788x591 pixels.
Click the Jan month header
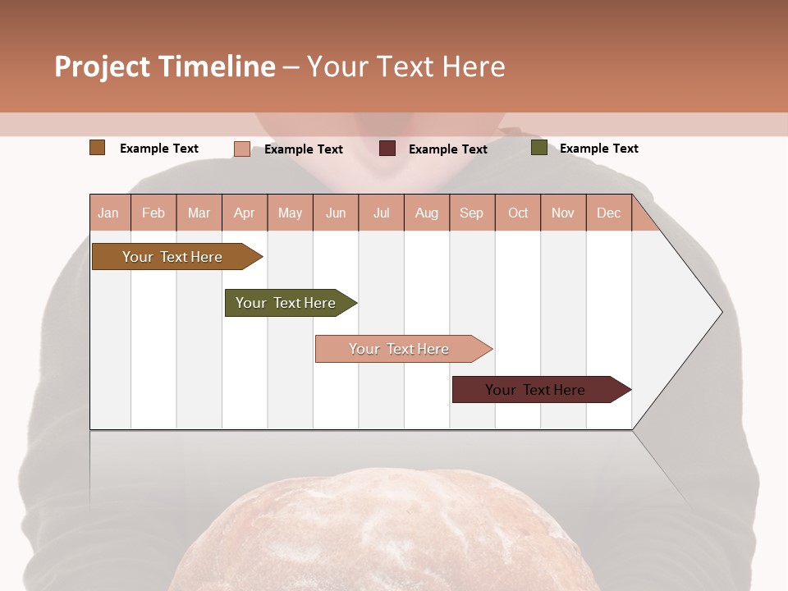[x=108, y=213]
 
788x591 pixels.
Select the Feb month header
[x=153, y=213]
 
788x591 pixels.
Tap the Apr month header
[x=244, y=213]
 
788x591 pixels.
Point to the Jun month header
[x=336, y=213]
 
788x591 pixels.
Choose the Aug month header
[x=426, y=213]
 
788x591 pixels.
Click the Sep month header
[x=471, y=213]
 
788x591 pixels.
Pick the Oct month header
[x=518, y=213]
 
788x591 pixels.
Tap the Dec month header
[x=608, y=213]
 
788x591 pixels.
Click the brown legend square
[x=98, y=148]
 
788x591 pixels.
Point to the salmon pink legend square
[x=242, y=149]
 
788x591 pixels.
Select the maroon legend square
[x=387, y=149]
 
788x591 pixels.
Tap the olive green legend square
[x=539, y=148]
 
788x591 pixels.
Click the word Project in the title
[x=103, y=66]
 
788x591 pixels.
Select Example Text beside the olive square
[x=598, y=149]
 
